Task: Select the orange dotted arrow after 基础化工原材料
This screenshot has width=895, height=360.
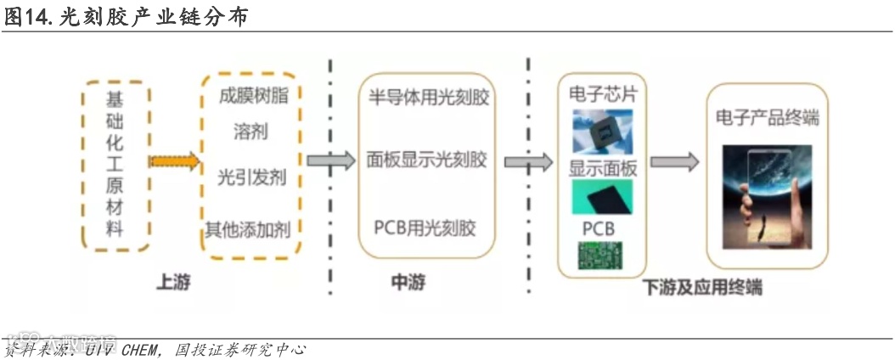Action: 174,161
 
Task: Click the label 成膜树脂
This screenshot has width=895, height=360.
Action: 252,95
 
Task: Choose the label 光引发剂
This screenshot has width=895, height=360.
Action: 251,178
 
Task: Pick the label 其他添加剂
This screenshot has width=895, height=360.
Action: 252,228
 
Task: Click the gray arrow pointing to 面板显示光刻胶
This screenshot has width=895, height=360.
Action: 330,160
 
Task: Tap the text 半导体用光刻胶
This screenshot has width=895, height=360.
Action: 428,98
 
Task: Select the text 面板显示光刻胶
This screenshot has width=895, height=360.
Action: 427,160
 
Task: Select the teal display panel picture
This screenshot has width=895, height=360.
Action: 602,197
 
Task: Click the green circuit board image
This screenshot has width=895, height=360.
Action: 602,256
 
